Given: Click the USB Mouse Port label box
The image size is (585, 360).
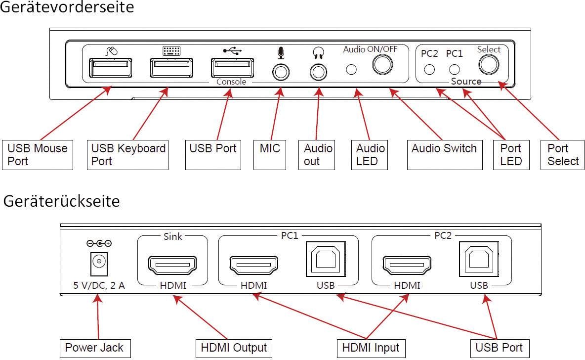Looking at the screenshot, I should coord(38,155).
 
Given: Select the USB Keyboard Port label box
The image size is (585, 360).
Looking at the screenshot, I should coord(128,155).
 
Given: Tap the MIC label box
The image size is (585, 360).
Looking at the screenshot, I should coord(270,155).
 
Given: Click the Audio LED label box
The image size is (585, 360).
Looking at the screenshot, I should coord(370,155).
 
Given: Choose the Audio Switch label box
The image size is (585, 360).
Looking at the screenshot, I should coord(444,155).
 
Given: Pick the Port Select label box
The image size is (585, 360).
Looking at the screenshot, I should coord(563,155).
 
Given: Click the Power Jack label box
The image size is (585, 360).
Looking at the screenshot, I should coord(95,348).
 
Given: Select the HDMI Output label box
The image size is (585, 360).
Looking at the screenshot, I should coord(234,348).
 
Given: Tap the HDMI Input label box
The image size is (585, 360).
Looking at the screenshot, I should coord(371,348).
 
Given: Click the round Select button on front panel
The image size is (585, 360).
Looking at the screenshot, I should coord(488,64).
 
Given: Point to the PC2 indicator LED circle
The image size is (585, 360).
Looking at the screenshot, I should coord(430,69).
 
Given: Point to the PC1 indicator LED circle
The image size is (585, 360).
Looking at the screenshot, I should coord(454,69).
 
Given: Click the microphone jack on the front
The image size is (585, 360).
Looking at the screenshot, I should coord(281,72).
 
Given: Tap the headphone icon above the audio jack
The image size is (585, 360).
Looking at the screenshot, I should coord(318,52).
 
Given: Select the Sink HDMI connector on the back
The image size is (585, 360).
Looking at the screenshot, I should coord(172,265).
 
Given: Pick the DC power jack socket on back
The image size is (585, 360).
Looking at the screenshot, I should coord(99,262).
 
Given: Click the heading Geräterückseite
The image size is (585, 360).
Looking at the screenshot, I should coord(62,201).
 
